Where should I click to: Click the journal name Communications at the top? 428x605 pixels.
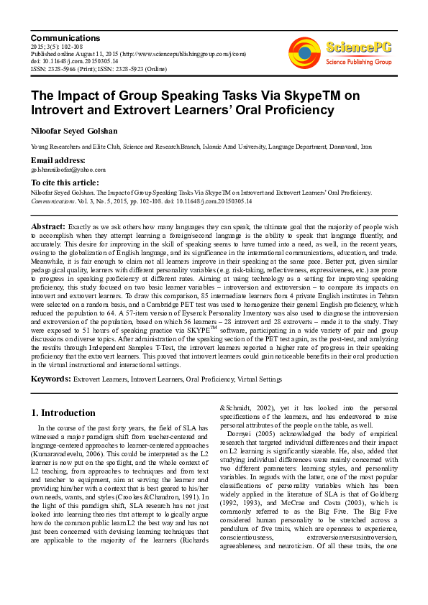pyautogui.click(x=65, y=37)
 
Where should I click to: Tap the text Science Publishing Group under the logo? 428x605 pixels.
pyautogui.click(x=358, y=62)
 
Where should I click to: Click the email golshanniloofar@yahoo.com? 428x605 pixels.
pyautogui.click(x=68, y=170)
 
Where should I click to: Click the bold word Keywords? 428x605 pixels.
pyautogui.click(x=50, y=379)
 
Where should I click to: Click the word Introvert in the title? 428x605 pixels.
pyautogui.click(x=60, y=111)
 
